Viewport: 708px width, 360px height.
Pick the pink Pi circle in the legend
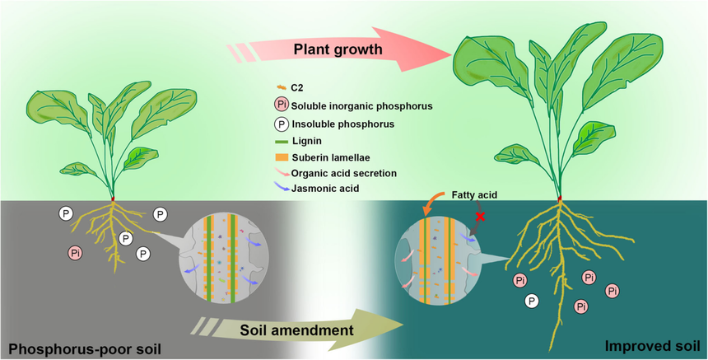pyautogui.click(x=280, y=105)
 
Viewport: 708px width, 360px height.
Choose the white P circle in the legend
pyautogui.click(x=280, y=124)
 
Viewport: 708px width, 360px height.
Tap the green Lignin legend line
pyautogui.click(x=280, y=142)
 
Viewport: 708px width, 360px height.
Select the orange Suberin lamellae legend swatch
pyautogui.click(x=280, y=158)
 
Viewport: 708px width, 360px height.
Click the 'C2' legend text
pyautogui.click(x=297, y=86)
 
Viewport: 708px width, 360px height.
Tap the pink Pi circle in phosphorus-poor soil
pyautogui.click(x=75, y=251)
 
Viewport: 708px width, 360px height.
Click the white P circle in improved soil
pyautogui.click(x=532, y=302)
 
